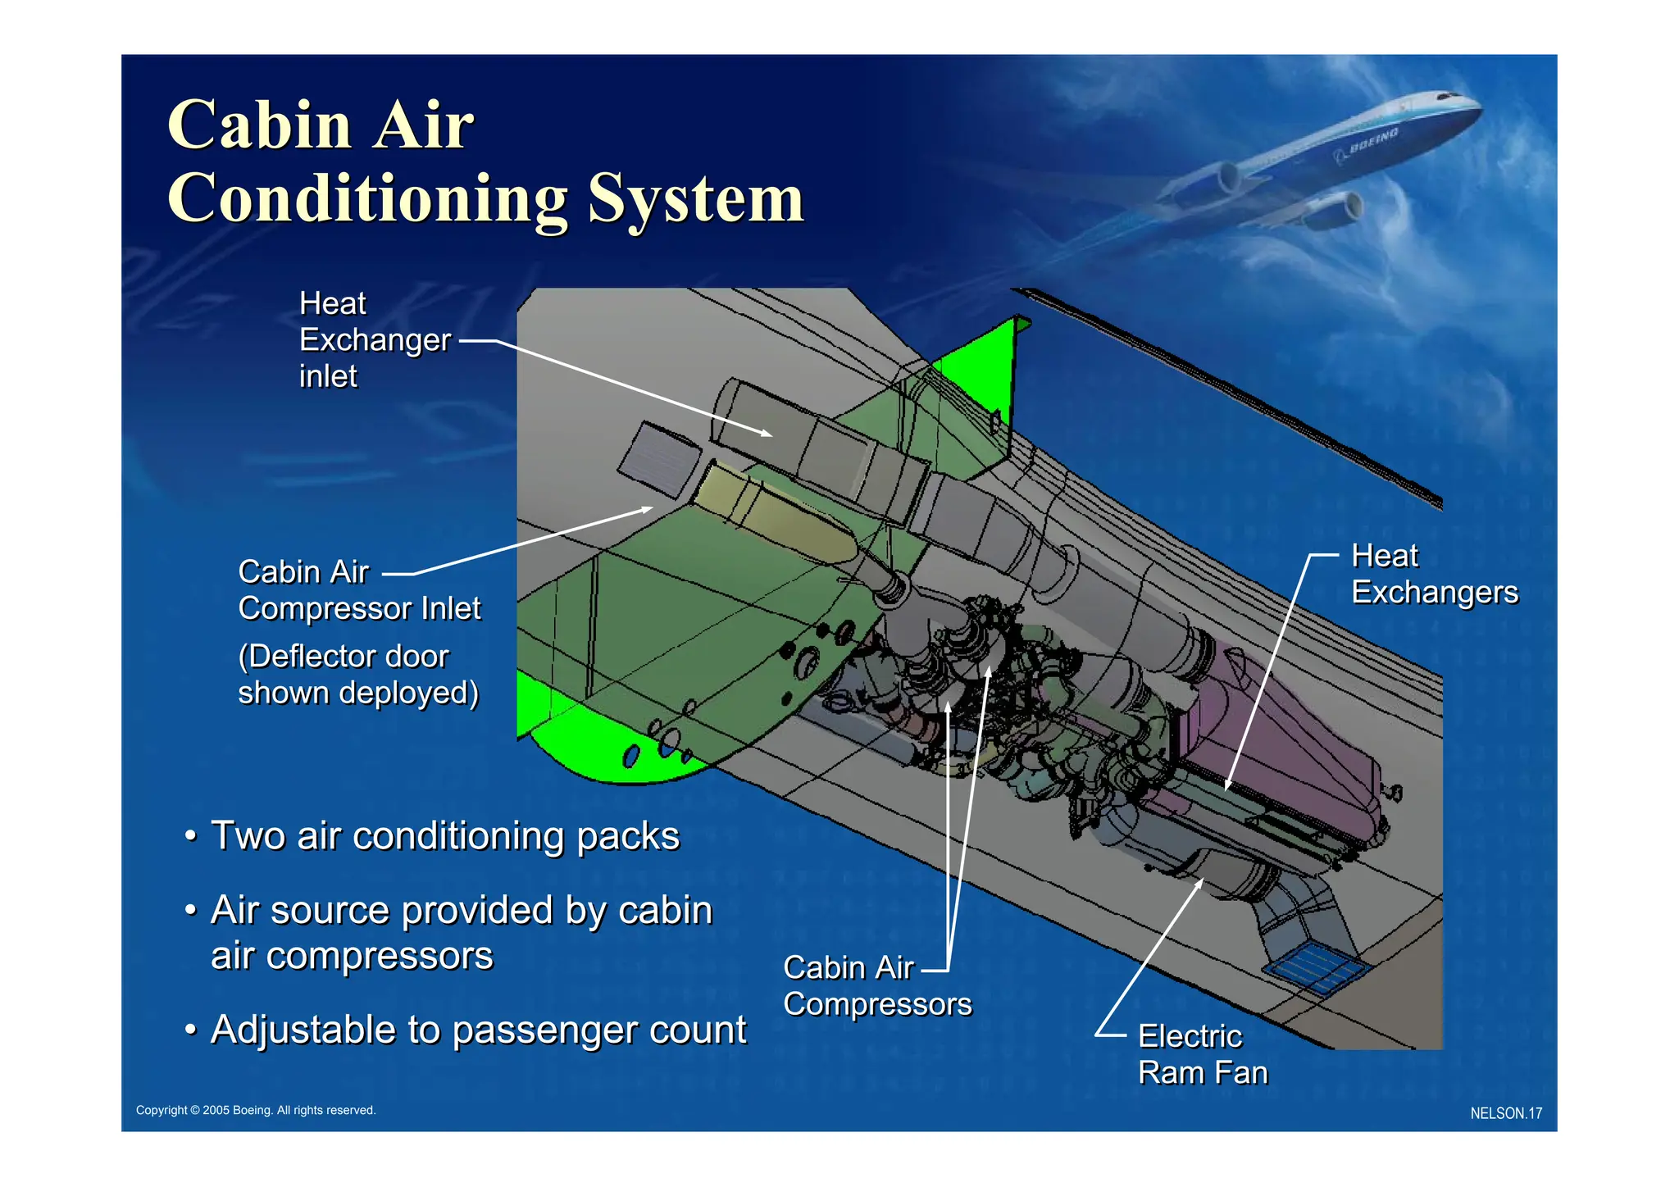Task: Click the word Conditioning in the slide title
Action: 366,199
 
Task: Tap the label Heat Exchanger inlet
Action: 374,339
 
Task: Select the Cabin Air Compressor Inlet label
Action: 358,590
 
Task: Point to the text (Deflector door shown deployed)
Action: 358,675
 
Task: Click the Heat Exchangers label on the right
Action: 1434,574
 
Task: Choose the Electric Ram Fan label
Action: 1202,1054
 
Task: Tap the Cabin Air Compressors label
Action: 876,986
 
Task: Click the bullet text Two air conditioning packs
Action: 445,836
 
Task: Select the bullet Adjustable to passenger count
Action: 478,1030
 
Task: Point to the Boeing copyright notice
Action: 256,1110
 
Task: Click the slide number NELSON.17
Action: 1505,1113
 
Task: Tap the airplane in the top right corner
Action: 1328,156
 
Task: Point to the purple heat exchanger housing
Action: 1279,738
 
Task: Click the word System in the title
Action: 695,199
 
